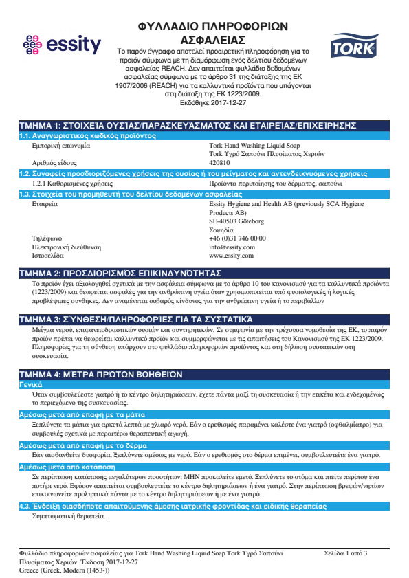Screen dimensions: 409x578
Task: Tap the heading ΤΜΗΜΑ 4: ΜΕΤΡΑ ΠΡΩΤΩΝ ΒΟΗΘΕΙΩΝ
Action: [100, 374]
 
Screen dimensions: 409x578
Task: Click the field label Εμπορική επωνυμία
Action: [61, 146]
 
